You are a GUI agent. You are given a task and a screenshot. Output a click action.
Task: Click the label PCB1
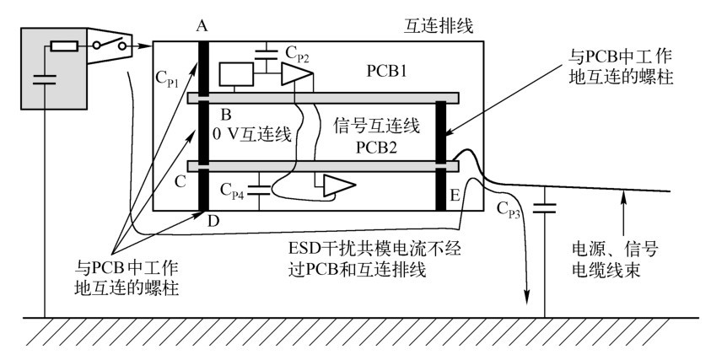(387, 71)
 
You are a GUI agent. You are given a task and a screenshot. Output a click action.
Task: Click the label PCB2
(376, 147)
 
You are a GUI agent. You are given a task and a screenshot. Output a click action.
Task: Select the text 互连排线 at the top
(439, 26)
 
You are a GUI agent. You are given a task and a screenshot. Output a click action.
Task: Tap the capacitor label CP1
(167, 79)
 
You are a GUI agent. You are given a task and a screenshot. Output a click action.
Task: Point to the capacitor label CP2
(298, 55)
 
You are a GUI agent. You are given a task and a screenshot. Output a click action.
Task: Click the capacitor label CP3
(509, 210)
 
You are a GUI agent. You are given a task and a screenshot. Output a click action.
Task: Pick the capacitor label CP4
(232, 190)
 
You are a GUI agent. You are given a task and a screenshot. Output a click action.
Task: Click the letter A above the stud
(202, 26)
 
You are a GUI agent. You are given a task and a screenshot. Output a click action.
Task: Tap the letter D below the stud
(213, 222)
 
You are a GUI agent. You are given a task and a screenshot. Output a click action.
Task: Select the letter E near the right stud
(455, 195)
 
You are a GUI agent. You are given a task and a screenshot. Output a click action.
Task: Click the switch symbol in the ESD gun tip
(109, 45)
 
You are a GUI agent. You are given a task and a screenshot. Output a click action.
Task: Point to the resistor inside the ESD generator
(64, 46)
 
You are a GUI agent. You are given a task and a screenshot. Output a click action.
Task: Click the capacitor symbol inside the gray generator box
(45, 79)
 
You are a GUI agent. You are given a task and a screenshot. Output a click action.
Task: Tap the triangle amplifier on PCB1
(297, 74)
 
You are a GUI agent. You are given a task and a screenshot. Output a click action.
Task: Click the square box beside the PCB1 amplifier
(236, 74)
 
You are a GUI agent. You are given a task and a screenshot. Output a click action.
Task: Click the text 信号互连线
(376, 126)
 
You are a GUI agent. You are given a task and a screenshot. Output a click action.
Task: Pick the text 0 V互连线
(252, 134)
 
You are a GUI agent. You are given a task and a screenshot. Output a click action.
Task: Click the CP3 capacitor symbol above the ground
(544, 209)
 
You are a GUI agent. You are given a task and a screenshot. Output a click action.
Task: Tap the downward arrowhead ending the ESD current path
(528, 298)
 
